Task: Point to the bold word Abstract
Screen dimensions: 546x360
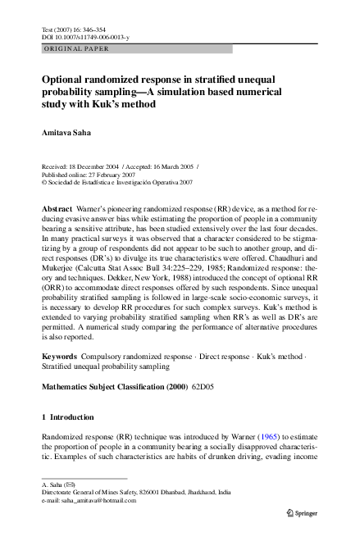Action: (x=57, y=210)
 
